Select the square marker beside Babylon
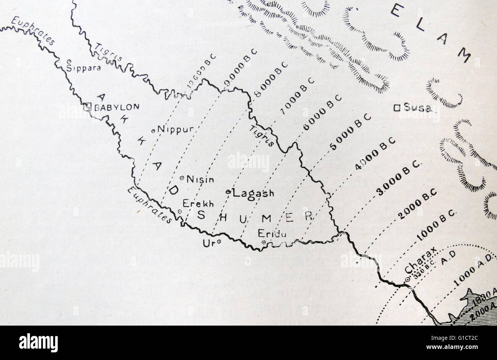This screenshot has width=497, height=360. point(87,107)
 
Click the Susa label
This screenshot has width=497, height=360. point(417,108)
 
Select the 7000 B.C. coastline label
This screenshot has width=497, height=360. point(297,96)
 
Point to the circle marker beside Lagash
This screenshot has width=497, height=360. point(228,191)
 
